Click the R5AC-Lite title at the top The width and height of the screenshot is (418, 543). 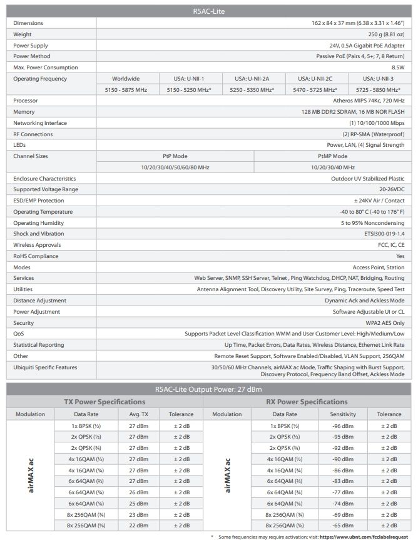click(x=208, y=11)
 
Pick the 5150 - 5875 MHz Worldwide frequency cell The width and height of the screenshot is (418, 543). click(x=126, y=90)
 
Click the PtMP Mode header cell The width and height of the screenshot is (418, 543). click(x=332, y=156)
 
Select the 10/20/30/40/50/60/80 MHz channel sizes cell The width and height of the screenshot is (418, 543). click(x=175, y=167)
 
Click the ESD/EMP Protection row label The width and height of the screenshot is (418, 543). click(x=39, y=201)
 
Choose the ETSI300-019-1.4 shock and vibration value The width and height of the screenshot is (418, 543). click(x=382, y=234)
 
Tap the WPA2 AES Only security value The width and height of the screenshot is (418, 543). click(x=381, y=323)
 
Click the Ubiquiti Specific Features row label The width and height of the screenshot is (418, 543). click(x=46, y=367)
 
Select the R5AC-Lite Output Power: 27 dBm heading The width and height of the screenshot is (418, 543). click(x=208, y=389)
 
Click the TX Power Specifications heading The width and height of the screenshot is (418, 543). click(x=104, y=402)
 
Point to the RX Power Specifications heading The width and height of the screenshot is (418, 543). click(x=307, y=402)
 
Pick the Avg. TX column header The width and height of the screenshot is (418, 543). click(x=139, y=414)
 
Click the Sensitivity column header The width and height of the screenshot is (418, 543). click(x=343, y=414)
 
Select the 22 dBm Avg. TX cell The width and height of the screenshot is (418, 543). click(x=139, y=526)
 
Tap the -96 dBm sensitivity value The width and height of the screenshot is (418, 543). click(x=343, y=426)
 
